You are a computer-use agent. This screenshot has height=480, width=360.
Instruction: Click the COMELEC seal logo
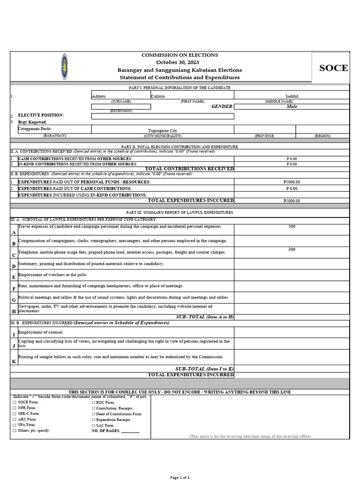coord(64,66)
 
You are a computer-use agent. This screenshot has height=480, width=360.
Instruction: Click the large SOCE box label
coord(333,68)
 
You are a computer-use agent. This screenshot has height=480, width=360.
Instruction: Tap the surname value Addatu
coord(99,96)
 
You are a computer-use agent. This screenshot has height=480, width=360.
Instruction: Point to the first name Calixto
coord(158,96)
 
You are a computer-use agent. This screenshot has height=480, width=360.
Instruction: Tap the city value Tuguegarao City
coord(163,131)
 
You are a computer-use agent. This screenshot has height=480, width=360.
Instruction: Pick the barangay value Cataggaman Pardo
coord(35,128)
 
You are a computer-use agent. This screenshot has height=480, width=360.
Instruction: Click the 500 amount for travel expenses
coord(292,226)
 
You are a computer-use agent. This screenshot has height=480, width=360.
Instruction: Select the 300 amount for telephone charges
coord(292,249)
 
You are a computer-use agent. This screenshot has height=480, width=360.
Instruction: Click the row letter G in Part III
coord(14,300)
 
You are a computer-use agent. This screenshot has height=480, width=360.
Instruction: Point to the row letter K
coord(14,361)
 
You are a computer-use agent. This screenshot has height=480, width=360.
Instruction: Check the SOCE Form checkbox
coord(15,403)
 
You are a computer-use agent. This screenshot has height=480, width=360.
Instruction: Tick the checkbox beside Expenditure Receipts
coord(93,420)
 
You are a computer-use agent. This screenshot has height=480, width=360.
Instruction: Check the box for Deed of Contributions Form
coord(93,414)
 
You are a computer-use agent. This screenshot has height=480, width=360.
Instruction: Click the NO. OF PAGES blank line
coord(130,431)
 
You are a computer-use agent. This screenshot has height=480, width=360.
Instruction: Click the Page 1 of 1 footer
coord(180,477)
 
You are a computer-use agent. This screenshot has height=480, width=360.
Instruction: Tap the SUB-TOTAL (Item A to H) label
coord(204,317)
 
